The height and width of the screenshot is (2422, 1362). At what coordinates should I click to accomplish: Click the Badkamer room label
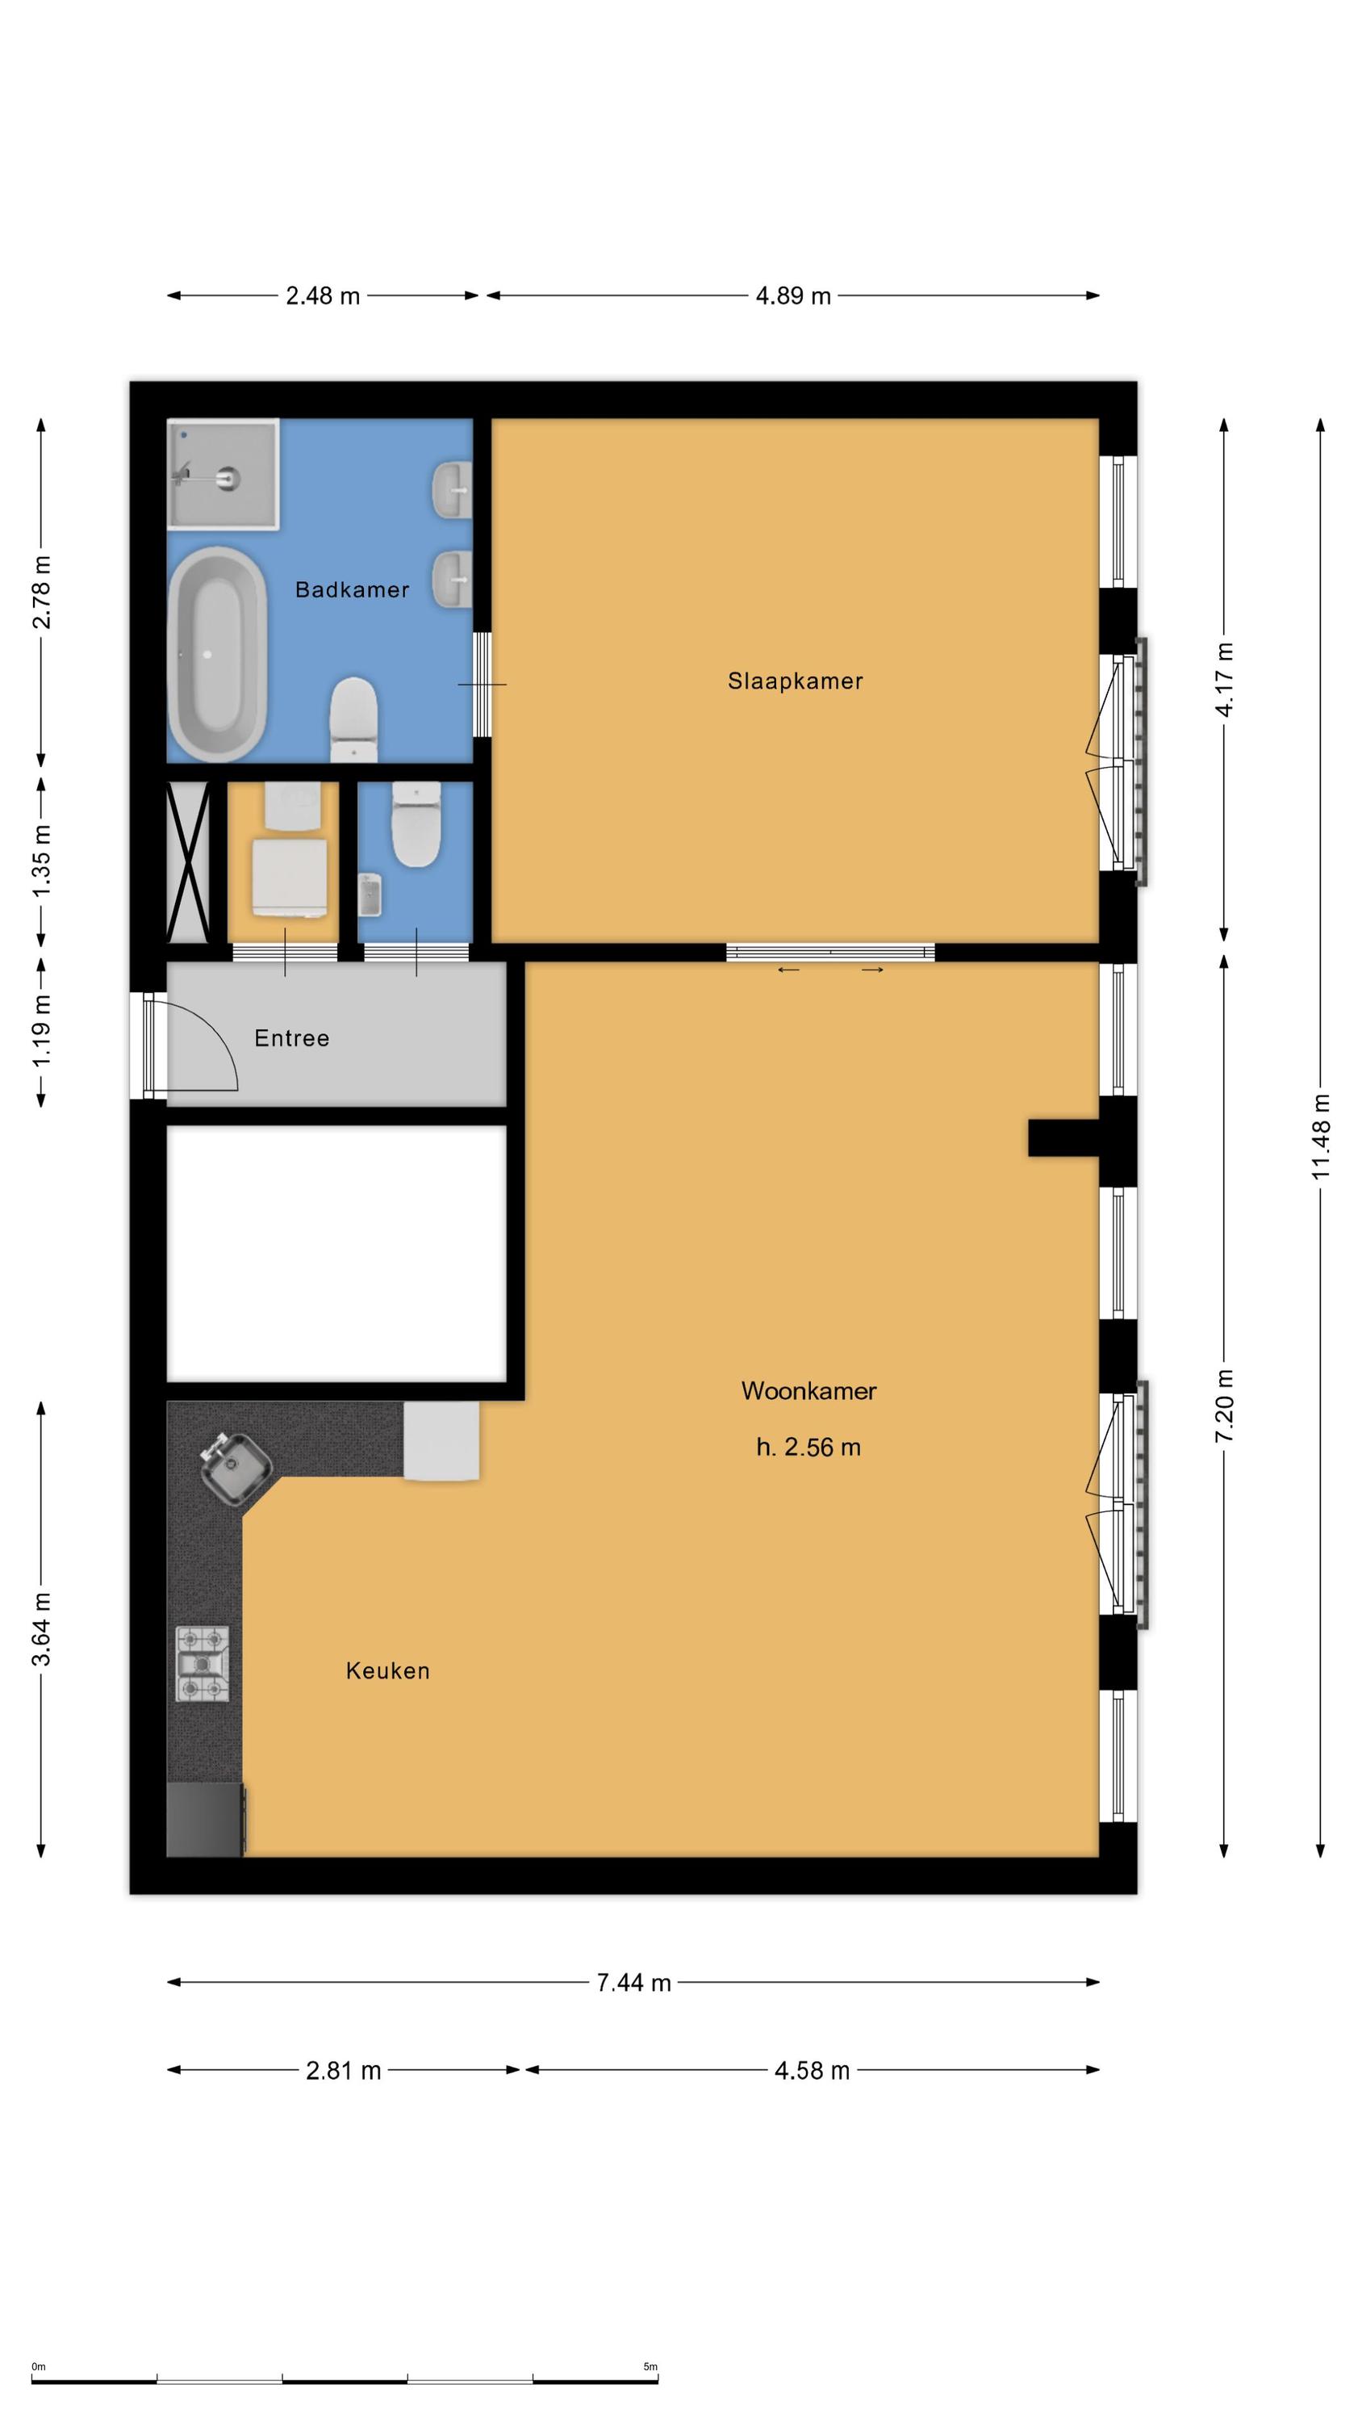click(352, 589)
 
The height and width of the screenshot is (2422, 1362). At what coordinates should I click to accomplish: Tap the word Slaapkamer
click(796, 681)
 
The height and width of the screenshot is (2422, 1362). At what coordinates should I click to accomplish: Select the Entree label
click(291, 1038)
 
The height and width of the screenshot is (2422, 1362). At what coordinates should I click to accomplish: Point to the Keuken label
click(387, 1670)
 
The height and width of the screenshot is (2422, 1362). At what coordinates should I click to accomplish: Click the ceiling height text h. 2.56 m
click(808, 1447)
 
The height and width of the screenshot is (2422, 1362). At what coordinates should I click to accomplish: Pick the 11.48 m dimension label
click(1321, 1138)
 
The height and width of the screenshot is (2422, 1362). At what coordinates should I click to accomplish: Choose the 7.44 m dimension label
click(633, 1983)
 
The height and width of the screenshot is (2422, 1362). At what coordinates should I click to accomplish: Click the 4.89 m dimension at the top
click(793, 296)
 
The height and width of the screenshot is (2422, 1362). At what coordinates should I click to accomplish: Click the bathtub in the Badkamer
click(217, 655)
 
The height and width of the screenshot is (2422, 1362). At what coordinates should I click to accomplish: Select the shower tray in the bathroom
click(224, 473)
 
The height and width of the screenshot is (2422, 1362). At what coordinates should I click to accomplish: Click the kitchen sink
click(236, 1468)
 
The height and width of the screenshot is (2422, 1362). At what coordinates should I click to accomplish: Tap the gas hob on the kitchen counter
click(202, 1664)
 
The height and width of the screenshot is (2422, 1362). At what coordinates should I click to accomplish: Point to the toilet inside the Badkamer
click(354, 719)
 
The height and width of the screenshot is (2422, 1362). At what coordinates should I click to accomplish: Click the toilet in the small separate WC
click(416, 824)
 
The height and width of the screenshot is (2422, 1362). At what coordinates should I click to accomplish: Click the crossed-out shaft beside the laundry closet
click(188, 862)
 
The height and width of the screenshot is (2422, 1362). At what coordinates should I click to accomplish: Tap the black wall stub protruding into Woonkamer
click(1063, 1138)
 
